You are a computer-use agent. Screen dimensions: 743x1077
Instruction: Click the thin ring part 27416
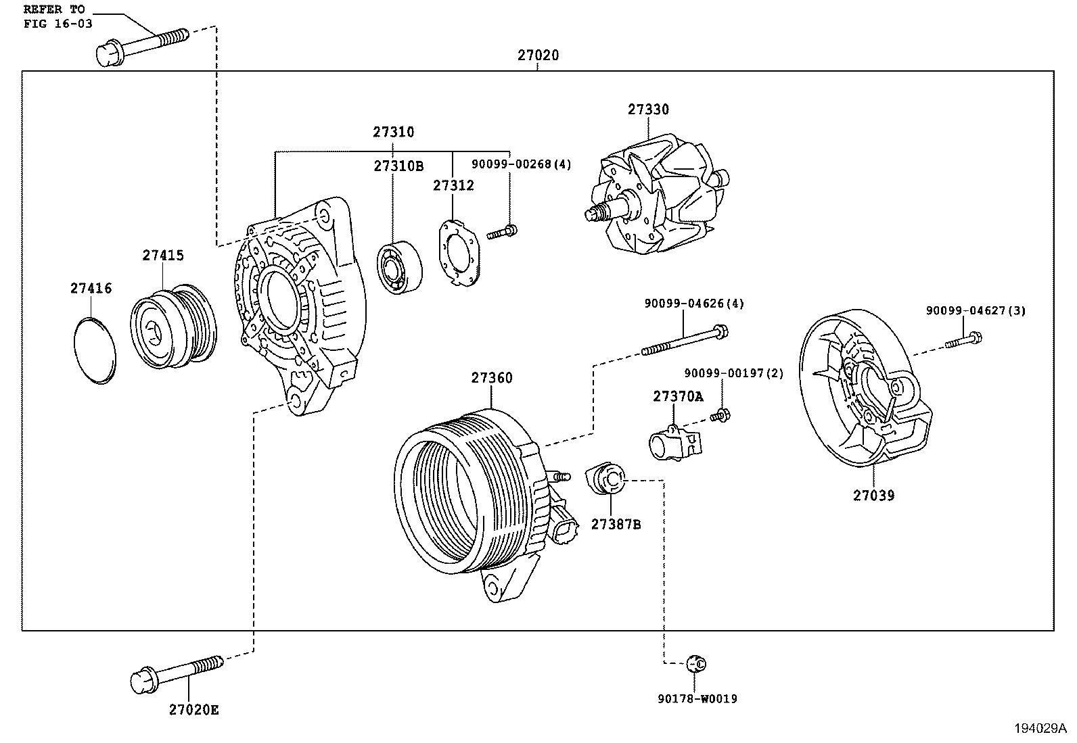[94, 350]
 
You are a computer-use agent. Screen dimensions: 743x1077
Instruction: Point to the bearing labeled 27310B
[399, 267]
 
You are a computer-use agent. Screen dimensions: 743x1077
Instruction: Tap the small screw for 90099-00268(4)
[501, 233]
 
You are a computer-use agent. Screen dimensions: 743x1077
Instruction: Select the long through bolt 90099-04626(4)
[683, 341]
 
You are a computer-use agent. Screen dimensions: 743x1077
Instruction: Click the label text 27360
[492, 378]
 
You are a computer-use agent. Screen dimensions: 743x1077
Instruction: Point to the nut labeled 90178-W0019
[695, 663]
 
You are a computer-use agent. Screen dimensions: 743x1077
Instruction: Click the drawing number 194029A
[1039, 729]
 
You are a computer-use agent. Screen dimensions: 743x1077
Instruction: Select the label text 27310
[393, 132]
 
